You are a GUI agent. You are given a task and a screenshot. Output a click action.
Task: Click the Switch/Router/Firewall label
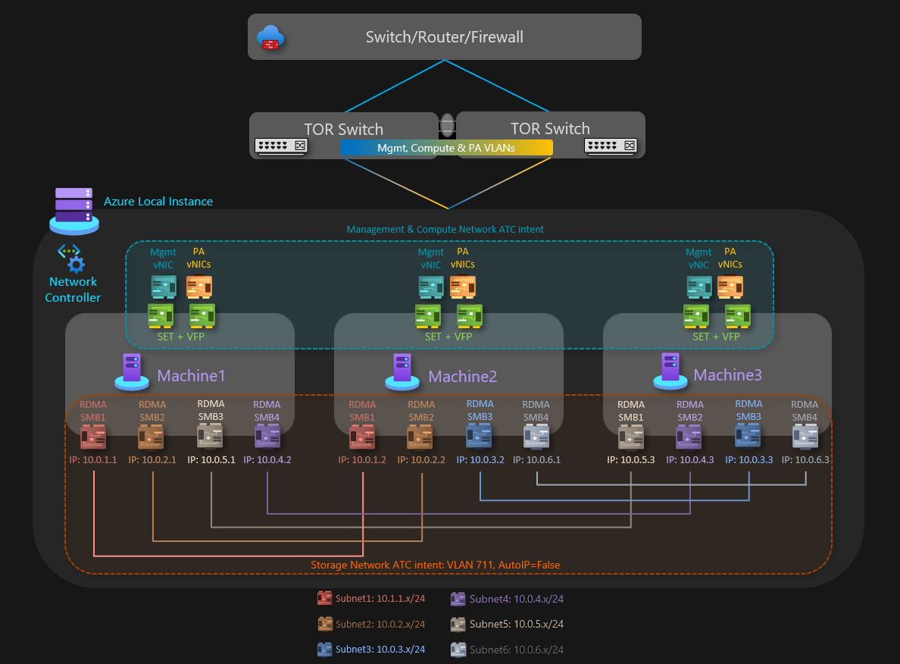click(x=444, y=37)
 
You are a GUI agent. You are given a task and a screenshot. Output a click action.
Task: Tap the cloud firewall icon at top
click(x=269, y=37)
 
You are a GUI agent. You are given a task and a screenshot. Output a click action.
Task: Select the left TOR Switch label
click(x=344, y=129)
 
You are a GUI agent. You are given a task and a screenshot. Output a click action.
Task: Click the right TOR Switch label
click(x=550, y=129)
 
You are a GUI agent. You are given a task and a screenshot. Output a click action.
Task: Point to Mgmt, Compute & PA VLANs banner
click(x=446, y=148)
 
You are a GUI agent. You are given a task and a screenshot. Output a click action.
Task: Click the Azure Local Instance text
click(x=158, y=202)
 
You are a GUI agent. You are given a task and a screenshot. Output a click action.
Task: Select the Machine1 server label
click(x=191, y=375)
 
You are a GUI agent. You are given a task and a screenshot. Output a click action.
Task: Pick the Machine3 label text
click(x=727, y=374)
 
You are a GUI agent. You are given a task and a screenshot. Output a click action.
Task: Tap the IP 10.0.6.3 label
click(x=806, y=459)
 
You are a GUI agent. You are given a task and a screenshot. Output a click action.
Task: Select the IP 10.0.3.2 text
click(x=480, y=459)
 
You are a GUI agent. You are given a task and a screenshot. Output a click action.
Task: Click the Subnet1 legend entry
click(x=371, y=599)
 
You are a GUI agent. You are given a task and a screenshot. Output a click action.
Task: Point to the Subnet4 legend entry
click(x=507, y=599)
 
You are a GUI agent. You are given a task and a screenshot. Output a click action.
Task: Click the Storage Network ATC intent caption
click(x=436, y=565)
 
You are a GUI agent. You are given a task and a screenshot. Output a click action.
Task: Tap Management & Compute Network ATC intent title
click(x=445, y=229)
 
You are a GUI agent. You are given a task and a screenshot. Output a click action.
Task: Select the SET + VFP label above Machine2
click(x=448, y=337)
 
